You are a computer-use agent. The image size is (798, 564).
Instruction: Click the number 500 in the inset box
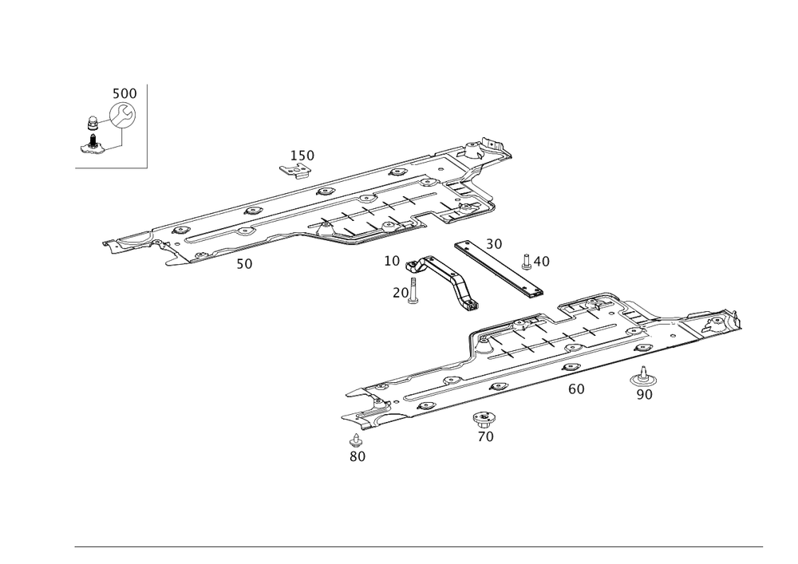(124, 94)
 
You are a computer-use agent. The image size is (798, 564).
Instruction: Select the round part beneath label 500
(122, 116)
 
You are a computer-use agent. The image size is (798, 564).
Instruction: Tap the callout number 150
(302, 154)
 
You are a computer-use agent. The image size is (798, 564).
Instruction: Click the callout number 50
(245, 264)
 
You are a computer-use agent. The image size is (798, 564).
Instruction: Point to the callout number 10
(392, 261)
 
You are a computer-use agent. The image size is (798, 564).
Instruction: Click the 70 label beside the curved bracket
(400, 294)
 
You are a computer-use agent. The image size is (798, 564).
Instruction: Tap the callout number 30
(494, 243)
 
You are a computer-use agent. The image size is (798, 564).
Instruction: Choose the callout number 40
(541, 261)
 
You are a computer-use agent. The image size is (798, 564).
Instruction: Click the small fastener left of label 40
(526, 258)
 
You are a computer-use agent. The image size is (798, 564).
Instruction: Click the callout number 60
(576, 388)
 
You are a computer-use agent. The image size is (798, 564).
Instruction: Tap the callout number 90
(645, 395)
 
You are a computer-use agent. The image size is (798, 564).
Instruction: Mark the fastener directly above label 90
(643, 375)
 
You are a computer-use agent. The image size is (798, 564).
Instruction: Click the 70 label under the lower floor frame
(484, 436)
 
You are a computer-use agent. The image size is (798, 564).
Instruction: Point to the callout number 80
(357, 457)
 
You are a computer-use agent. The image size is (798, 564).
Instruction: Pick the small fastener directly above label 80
(356, 439)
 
